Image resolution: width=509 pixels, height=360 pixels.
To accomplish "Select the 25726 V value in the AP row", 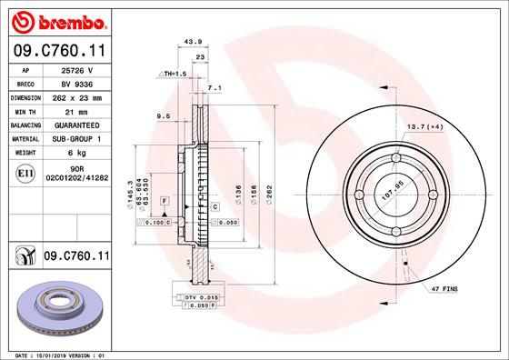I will pyautogui.click(x=77, y=68).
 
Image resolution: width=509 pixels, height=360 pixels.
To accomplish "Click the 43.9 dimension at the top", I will pyautogui.click(x=192, y=41).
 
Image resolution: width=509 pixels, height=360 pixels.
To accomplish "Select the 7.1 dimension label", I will pyautogui.click(x=215, y=88).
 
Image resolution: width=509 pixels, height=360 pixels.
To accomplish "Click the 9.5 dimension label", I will pyautogui.click(x=165, y=115).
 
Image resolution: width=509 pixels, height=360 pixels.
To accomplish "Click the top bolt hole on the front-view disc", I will pyautogui.click(x=395, y=161).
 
